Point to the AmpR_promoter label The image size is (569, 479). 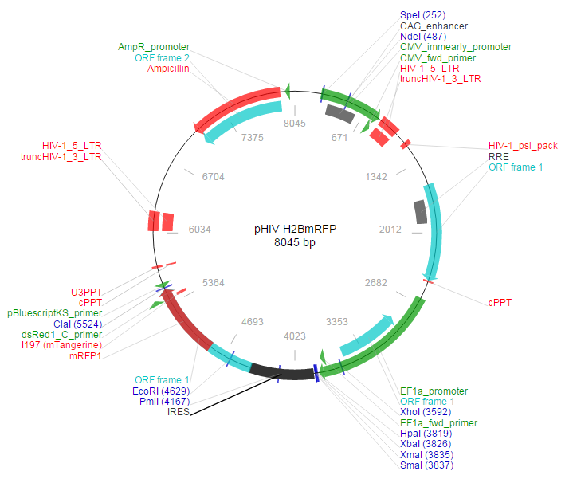pyautogui.click(x=154, y=48)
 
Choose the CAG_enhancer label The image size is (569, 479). pyautogui.click(x=434, y=26)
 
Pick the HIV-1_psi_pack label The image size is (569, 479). pyautogui.click(x=523, y=146)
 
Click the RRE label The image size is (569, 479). pyautogui.click(x=499, y=157)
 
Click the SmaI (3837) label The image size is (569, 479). pyautogui.click(x=428, y=465)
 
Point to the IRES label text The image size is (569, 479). pyautogui.click(x=179, y=412)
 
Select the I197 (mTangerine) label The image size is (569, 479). pyautogui.click(x=61, y=344)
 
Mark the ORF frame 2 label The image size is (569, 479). pyautogui.click(x=163, y=58)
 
